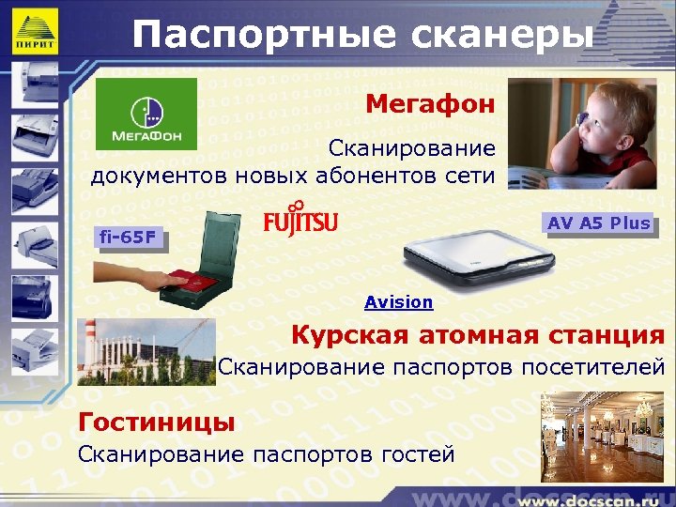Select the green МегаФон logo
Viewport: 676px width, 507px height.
pos(146,114)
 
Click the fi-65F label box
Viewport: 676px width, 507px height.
pos(128,238)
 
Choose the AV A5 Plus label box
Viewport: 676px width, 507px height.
pos(599,223)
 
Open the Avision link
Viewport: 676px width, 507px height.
pos(399,302)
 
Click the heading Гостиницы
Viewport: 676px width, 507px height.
pos(157,422)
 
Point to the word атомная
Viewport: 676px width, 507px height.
pos(483,335)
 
